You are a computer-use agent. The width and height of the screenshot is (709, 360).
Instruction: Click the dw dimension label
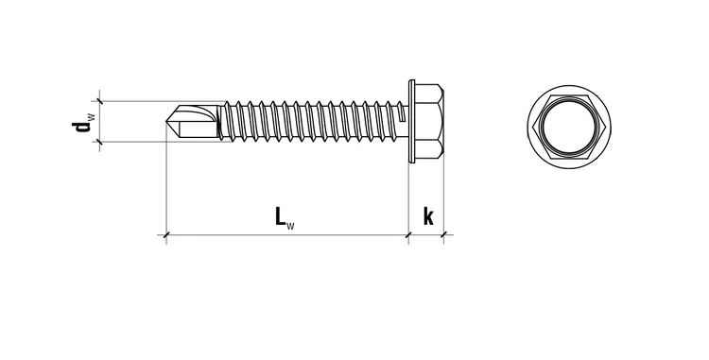(x=83, y=122)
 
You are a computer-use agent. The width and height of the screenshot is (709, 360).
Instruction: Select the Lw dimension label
(x=285, y=216)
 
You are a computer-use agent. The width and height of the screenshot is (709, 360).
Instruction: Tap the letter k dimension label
(x=428, y=216)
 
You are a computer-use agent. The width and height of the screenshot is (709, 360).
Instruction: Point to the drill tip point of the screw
(x=166, y=122)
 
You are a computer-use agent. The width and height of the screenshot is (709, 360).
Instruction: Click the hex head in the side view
(x=428, y=121)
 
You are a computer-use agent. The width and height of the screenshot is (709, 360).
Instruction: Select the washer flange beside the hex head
(x=411, y=121)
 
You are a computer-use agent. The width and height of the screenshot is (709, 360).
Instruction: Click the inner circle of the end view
(x=569, y=127)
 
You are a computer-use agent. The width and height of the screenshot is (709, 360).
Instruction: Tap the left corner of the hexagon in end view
(x=532, y=127)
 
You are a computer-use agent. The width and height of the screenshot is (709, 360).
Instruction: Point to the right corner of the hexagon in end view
(x=605, y=127)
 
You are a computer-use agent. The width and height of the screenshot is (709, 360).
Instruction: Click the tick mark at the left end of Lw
(x=166, y=235)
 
